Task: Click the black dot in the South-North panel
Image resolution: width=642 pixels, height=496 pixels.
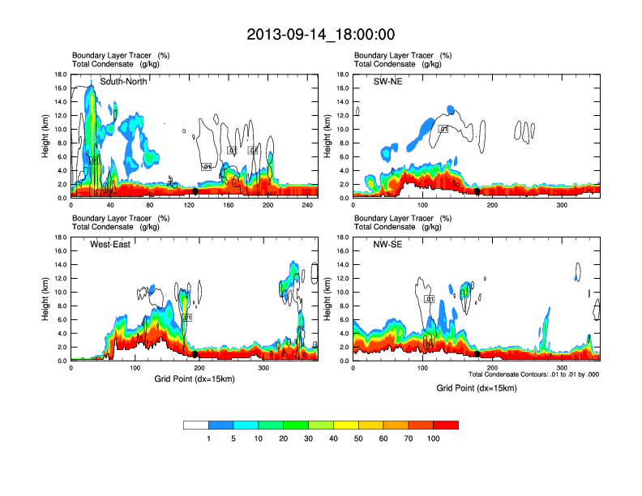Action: point(195,191)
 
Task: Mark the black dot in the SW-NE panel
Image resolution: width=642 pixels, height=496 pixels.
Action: point(477,191)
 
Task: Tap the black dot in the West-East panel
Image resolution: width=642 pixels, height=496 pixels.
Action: point(195,354)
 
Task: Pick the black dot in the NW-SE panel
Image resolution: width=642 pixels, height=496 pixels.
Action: point(477,354)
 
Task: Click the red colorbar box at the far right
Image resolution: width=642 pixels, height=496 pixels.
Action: point(446,425)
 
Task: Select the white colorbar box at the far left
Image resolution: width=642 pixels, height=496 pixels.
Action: point(196,425)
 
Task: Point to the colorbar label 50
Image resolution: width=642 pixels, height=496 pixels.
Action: point(358,438)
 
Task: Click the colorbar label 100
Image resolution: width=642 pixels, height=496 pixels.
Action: point(433,438)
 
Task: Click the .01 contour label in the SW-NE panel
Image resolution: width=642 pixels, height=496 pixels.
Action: point(443,129)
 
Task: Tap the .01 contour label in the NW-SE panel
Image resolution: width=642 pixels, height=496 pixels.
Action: point(430,299)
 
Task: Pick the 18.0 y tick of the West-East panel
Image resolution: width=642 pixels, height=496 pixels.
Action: point(60,237)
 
